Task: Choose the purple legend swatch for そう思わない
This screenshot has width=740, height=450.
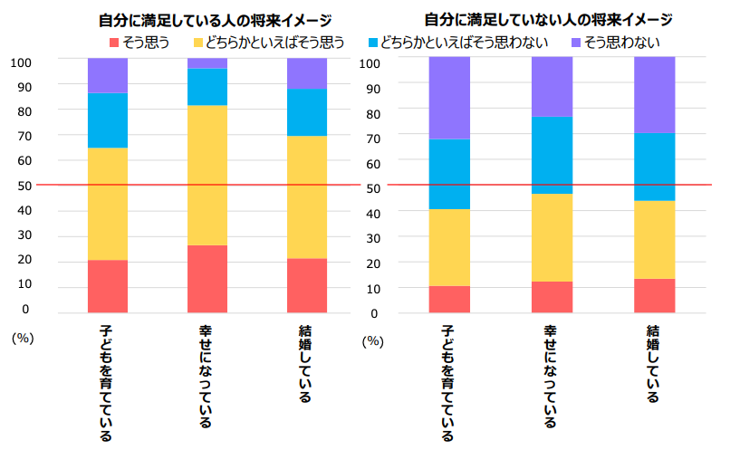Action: (576, 43)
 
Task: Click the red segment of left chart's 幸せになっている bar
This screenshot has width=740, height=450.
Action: (207, 279)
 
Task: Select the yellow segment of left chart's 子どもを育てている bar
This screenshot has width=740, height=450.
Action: (108, 204)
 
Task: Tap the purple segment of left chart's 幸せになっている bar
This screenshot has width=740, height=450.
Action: (207, 63)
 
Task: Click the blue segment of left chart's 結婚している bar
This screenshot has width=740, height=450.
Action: (307, 112)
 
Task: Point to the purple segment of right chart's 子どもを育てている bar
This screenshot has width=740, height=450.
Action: (449, 98)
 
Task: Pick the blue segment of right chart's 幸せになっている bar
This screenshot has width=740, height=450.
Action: (552, 155)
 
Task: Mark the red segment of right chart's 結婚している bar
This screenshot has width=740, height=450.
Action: (654, 295)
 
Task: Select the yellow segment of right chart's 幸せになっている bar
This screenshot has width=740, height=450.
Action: (552, 237)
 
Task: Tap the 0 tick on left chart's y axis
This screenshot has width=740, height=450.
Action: (25, 309)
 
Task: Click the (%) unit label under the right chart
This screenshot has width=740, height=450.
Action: (372, 341)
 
